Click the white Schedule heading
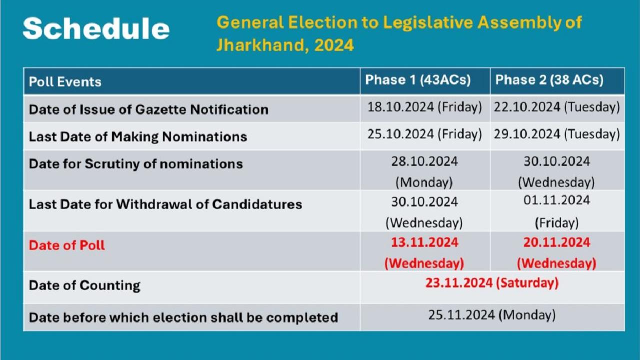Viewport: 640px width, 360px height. tap(96, 28)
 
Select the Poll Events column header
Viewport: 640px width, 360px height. tap(65, 81)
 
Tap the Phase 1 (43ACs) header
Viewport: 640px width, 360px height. tap(418, 80)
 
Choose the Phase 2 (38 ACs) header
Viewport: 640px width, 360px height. tap(549, 80)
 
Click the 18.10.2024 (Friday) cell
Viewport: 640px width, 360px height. tap(424, 107)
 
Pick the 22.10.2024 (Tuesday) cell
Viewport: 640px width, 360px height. tap(557, 107)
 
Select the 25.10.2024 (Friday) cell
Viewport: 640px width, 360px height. tap(424, 134)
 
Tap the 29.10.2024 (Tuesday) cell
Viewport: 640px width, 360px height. tap(557, 134)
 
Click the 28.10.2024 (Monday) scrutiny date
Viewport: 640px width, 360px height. tap(424, 171)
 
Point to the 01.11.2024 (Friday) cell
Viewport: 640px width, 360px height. tap(556, 211)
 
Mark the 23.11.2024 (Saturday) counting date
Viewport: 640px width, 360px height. tap(492, 283)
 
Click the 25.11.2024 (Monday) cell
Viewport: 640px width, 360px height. tap(492, 315)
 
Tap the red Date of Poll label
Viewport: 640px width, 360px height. tap(67, 245)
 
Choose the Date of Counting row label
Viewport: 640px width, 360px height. tap(84, 285)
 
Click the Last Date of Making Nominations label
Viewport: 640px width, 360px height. tap(138, 136)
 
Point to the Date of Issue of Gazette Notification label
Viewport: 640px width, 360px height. tap(148, 109)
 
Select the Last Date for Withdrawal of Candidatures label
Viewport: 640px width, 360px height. tap(165, 204)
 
